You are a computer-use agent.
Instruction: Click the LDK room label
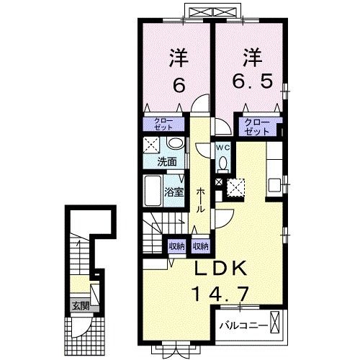[x=221, y=268]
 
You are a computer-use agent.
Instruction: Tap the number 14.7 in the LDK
[x=220, y=294]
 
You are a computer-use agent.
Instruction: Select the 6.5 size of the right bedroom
[x=252, y=81]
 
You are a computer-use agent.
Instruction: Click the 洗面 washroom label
[x=167, y=162]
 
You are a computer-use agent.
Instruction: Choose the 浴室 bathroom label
[x=174, y=192]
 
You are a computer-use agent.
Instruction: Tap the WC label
[x=223, y=148]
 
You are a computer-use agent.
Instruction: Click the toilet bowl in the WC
[x=224, y=164]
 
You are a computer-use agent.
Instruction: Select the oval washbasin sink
[x=176, y=143]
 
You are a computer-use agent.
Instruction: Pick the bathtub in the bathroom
[x=153, y=191]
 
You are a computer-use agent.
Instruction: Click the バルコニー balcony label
[x=243, y=325]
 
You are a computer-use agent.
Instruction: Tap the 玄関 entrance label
[x=81, y=306]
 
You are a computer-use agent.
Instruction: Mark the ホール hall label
[x=201, y=200]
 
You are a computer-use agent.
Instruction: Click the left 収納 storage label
[x=177, y=246]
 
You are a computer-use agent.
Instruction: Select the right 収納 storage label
[x=201, y=246]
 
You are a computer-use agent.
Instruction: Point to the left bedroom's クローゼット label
[x=163, y=124]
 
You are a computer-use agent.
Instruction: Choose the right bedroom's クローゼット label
[x=257, y=127]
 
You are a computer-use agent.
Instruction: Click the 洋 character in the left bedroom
[x=179, y=58]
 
